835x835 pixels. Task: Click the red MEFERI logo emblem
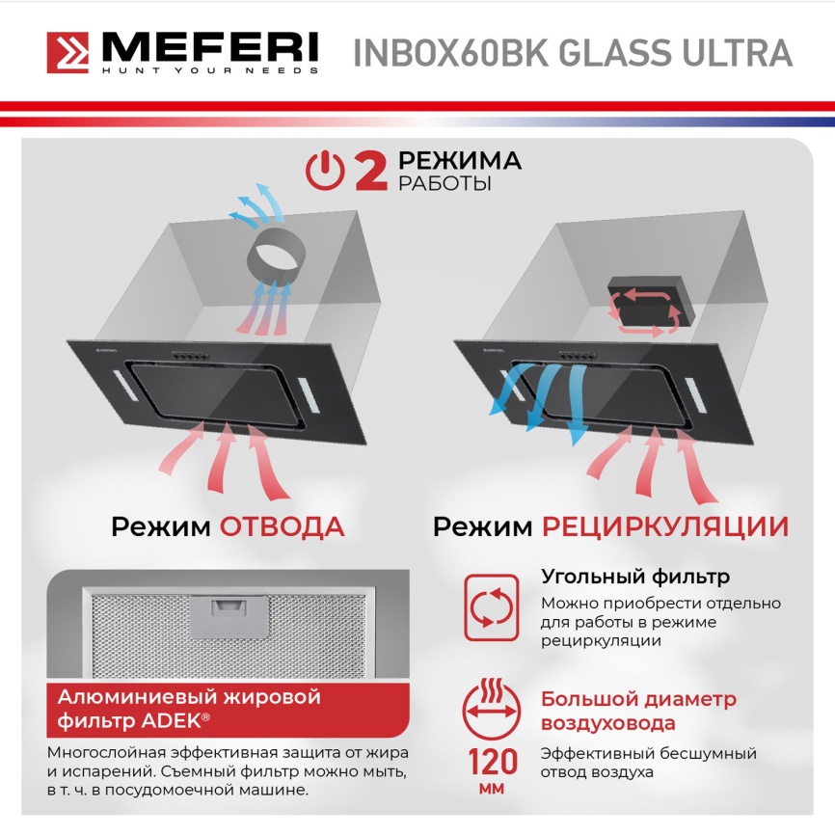67,53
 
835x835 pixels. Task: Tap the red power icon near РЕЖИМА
324,171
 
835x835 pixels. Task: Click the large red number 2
369,171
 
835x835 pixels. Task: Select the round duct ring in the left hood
278,254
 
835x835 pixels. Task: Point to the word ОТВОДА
282,526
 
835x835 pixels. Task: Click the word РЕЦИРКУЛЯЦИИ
664,526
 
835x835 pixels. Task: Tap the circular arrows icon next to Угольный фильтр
491,606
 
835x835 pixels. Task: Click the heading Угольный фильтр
634,578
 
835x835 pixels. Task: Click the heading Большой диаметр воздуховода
637,711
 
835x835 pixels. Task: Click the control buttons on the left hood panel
190,357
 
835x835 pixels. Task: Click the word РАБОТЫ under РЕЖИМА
444,184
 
